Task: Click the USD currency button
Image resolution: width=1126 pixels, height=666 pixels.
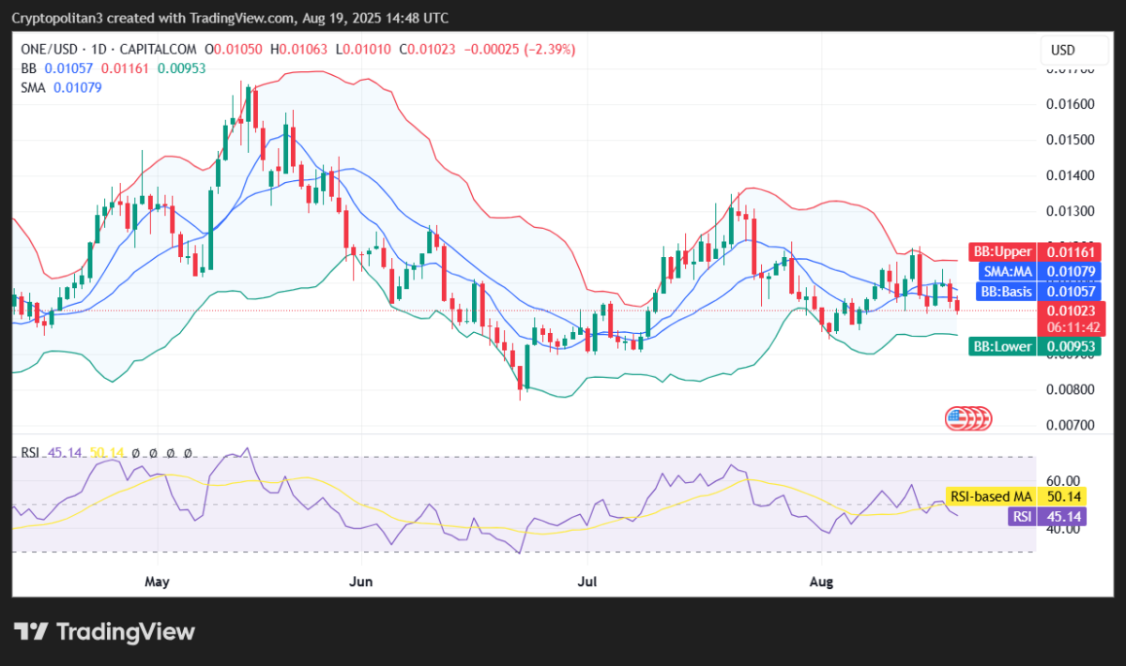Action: coord(1062,50)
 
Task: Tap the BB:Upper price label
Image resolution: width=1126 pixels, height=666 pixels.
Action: coord(1001,251)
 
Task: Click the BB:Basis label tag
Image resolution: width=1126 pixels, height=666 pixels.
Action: coord(1003,292)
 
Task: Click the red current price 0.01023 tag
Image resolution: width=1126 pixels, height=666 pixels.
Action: coord(1071,310)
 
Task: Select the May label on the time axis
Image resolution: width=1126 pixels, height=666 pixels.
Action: coord(157,583)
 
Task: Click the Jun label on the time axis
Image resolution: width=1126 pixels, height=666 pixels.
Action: coord(360,583)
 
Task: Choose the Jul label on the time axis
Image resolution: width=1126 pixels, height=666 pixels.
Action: coord(588,583)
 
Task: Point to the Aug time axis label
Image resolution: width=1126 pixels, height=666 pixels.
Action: coord(821,583)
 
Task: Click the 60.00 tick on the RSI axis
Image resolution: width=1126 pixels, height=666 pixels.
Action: coord(1066,480)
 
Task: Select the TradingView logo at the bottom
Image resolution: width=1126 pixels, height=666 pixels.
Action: coord(104,632)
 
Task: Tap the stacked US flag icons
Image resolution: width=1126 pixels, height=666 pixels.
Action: coord(967,418)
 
